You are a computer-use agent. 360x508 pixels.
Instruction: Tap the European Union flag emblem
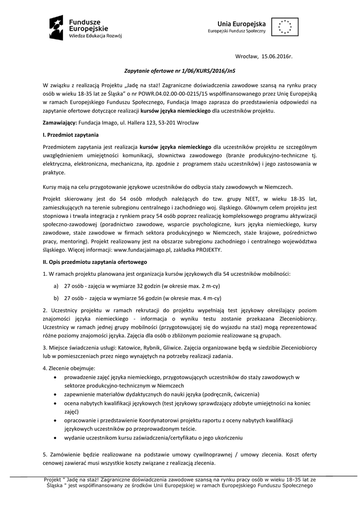(285, 26)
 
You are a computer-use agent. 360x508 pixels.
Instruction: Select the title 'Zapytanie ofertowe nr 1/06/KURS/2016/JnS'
(179, 71)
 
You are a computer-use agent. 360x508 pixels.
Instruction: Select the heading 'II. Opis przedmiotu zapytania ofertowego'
(95, 261)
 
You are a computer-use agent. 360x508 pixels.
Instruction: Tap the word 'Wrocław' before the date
(247, 58)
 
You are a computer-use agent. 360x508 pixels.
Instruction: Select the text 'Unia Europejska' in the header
(241, 23)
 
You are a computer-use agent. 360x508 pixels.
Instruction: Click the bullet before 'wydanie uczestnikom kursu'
(54, 438)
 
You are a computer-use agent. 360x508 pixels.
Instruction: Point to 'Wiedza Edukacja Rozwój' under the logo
(96, 36)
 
